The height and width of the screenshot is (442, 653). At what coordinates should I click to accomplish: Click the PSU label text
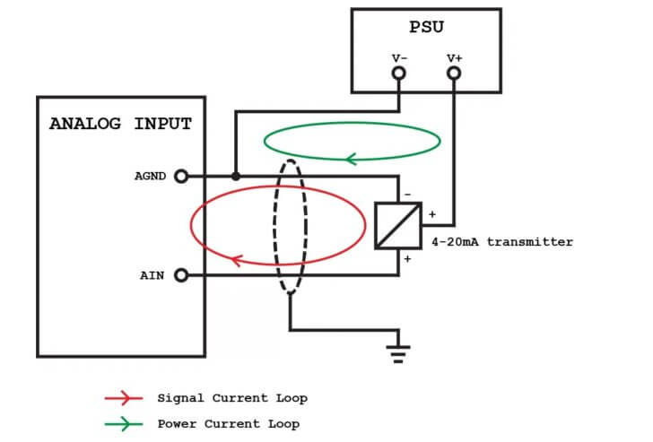[x=426, y=28]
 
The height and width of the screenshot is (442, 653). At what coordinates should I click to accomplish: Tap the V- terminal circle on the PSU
[x=399, y=73]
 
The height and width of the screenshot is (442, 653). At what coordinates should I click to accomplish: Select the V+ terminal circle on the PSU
[x=455, y=73]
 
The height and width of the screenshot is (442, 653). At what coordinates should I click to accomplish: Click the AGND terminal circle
[x=180, y=176]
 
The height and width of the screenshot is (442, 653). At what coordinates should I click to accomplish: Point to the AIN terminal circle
[x=180, y=275]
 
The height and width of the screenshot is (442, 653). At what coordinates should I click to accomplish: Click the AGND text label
[x=150, y=176]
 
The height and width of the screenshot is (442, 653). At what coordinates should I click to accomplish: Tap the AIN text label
[x=152, y=275]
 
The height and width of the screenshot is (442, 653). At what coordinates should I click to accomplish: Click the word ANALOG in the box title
[x=85, y=124]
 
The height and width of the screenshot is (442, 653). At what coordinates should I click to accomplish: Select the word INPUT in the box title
[x=162, y=124]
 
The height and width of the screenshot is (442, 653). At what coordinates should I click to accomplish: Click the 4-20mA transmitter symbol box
[x=397, y=225]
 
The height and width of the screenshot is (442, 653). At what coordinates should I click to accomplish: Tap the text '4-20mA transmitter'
[x=501, y=242]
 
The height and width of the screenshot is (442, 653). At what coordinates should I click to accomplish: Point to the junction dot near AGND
[x=235, y=176]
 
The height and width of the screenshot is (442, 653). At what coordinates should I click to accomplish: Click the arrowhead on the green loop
[x=351, y=160]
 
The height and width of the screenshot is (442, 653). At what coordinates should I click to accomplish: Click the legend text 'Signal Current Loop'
[x=231, y=398]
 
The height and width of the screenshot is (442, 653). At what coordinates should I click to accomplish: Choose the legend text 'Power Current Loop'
[x=228, y=423]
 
